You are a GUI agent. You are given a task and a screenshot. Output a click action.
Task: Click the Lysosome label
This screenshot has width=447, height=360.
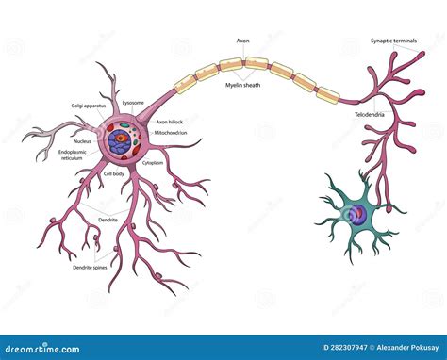(x=134, y=102)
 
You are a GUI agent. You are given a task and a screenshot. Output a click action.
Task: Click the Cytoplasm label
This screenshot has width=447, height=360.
(x=154, y=162)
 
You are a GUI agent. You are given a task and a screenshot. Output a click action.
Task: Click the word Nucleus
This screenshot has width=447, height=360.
(x=82, y=141)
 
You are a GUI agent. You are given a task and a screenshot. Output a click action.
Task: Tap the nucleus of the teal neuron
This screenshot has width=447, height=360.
(x=358, y=214)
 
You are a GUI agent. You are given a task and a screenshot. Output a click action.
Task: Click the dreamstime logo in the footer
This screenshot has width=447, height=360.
(x=57, y=347)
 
